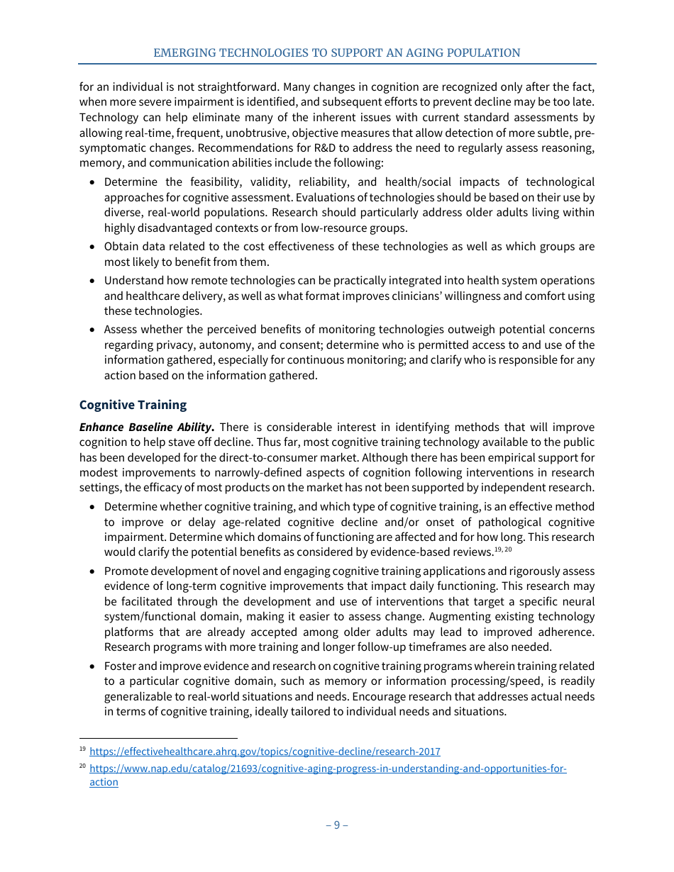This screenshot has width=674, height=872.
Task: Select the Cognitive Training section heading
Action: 133,405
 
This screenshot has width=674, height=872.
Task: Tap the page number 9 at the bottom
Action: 336,825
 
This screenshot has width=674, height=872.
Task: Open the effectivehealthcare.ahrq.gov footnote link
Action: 265,751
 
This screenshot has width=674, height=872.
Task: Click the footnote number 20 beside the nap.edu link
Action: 82,768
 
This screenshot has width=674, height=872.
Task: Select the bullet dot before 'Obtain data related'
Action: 92,247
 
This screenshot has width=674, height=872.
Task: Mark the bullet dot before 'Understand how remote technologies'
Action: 92,281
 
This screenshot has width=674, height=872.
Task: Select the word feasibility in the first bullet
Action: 192,182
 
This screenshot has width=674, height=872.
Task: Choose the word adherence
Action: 568,632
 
